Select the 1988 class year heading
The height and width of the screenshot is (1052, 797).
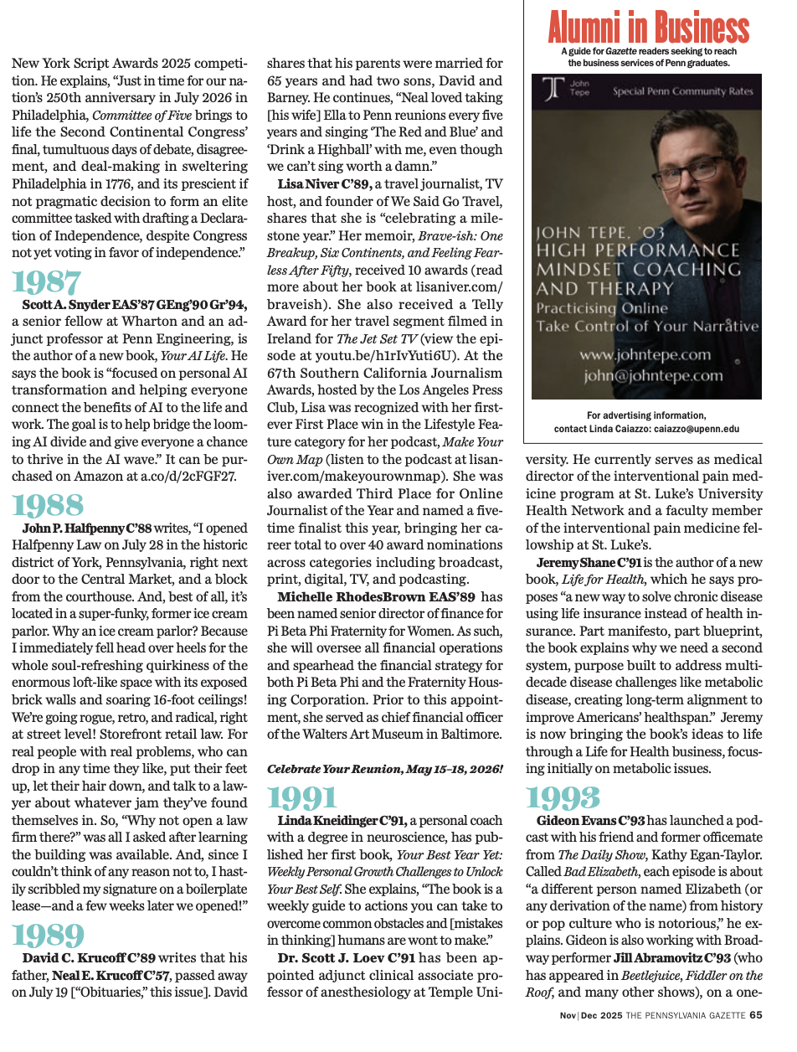(x=48, y=505)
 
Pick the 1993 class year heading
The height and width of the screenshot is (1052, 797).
(x=564, y=799)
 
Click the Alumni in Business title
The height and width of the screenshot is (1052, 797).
(x=648, y=28)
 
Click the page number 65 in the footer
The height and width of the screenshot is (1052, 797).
(x=756, y=1015)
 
